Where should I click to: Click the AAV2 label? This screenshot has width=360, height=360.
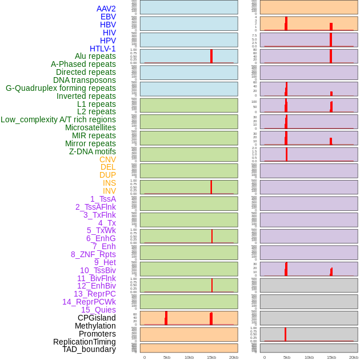click(106, 9)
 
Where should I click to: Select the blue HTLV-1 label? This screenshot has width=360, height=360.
click(102, 49)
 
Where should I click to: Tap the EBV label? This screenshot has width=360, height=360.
click(108, 17)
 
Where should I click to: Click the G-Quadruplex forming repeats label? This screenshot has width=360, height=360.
click(61, 88)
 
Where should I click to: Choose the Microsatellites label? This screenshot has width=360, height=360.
click(90, 127)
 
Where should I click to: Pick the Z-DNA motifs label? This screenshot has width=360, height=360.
click(92, 151)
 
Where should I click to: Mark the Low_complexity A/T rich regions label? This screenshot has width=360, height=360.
click(58, 119)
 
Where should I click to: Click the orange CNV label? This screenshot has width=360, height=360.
click(107, 159)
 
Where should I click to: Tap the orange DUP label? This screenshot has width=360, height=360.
click(107, 175)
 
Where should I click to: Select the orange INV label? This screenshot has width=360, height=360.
click(109, 191)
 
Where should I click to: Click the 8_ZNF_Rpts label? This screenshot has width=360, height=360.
click(93, 254)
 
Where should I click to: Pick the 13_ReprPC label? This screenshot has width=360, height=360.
click(94, 294)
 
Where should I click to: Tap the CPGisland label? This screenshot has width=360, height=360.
click(97, 318)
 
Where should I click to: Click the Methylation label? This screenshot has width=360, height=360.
click(95, 326)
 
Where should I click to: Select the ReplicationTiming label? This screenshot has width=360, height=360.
click(84, 342)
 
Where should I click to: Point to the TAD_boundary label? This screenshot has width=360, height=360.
click(89, 349)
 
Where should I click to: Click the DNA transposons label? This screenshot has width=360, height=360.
click(85, 80)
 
